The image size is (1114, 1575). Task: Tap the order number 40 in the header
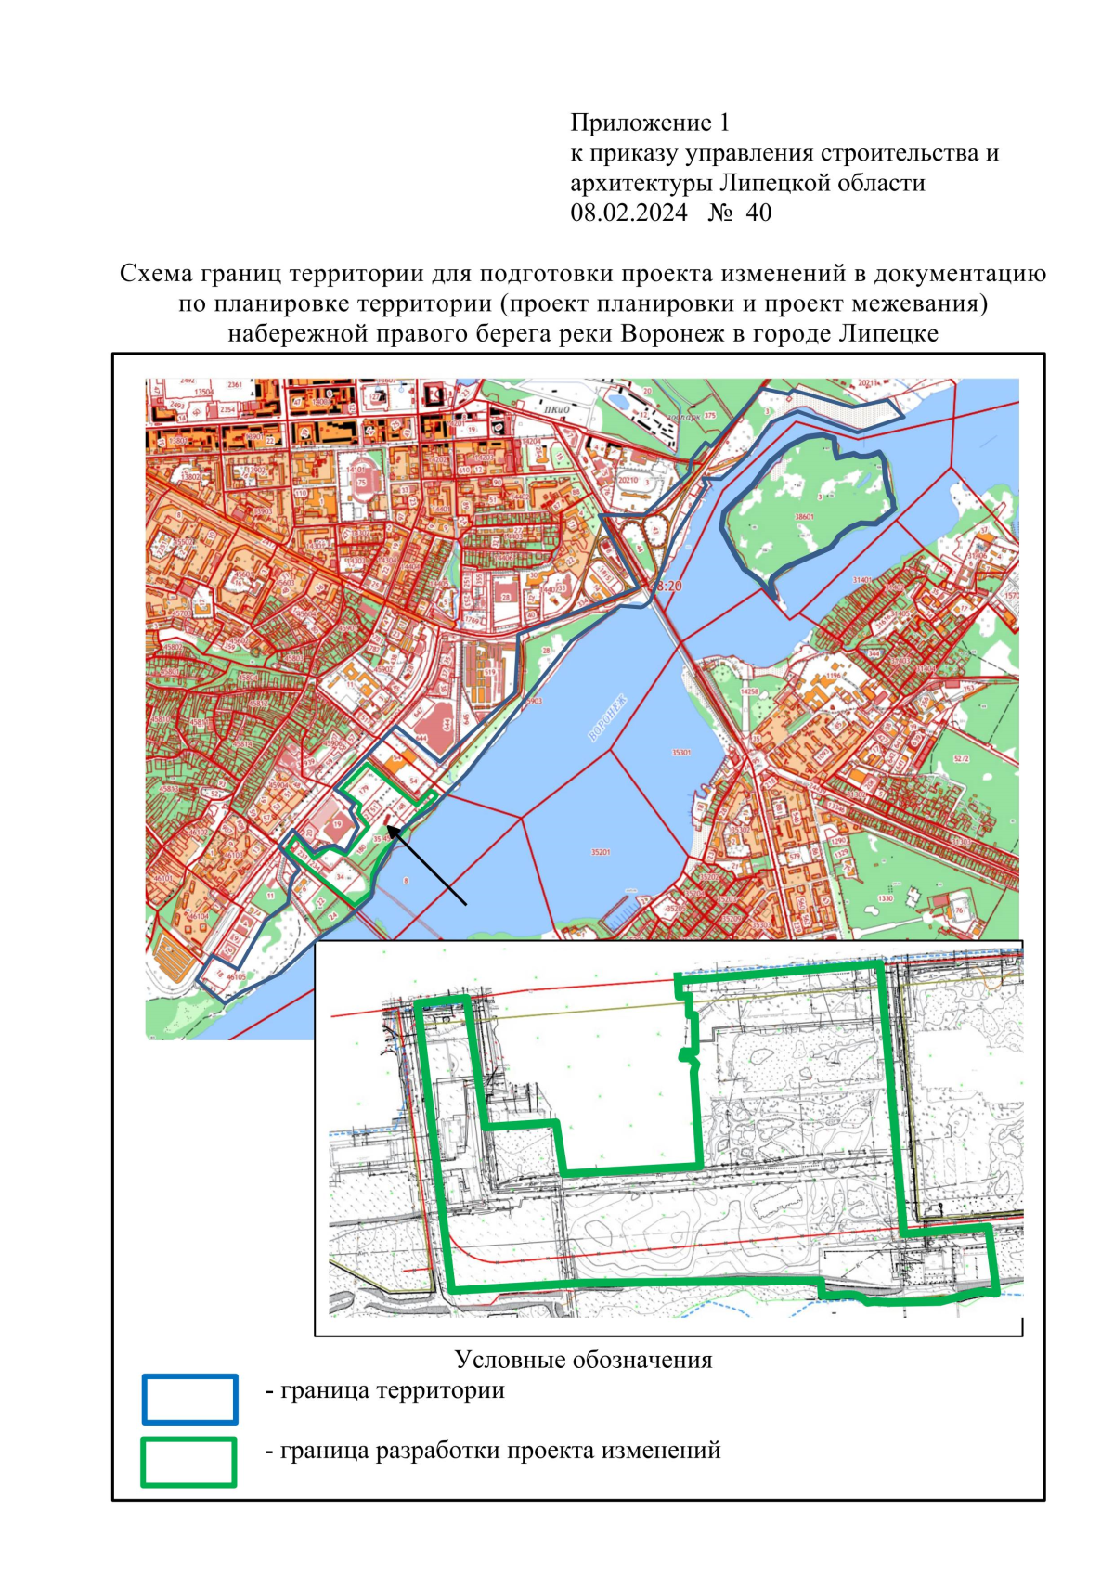pos(758,213)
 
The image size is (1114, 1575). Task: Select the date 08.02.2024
pos(628,213)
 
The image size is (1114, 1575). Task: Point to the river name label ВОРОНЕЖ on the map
pos(608,718)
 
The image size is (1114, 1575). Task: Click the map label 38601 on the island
pos(804,517)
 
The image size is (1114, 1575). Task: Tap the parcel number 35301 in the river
pos(681,753)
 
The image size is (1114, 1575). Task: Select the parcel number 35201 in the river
pos(601,851)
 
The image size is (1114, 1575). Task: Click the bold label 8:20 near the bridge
pos(667,587)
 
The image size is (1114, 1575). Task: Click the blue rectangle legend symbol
pos(190,1399)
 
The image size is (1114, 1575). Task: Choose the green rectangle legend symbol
pos(188,1462)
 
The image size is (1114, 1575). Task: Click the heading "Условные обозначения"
pos(583,1360)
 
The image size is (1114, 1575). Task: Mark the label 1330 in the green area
pos(886,898)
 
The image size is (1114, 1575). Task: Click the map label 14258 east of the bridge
pos(749,691)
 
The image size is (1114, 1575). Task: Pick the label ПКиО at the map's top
pos(557,409)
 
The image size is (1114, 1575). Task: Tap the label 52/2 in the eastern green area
pos(962,759)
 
